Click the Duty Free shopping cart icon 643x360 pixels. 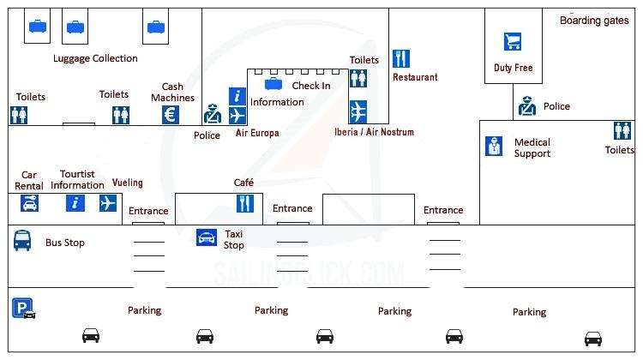tap(513, 41)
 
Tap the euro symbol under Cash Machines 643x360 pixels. tap(171, 115)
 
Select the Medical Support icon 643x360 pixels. tap(494, 147)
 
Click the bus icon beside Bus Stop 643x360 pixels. tap(22, 241)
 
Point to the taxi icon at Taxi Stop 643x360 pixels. tap(207, 237)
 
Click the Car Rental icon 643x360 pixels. tap(30, 203)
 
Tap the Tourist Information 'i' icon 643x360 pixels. tap(75, 203)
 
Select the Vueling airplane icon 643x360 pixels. tap(107, 203)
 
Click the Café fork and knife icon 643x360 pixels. tap(245, 203)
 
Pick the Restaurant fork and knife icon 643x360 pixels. tap(401, 58)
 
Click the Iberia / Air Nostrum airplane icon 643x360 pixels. tap(358, 111)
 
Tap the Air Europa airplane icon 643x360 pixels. tap(237, 115)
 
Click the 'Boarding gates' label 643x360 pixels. tap(594, 20)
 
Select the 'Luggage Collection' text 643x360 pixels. tap(95, 58)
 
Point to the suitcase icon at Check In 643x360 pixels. tap(273, 84)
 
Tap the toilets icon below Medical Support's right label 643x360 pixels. tap(622, 130)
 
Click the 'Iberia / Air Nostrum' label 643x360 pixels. tap(374, 132)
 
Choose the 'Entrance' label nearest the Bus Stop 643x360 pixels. tap(148, 211)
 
